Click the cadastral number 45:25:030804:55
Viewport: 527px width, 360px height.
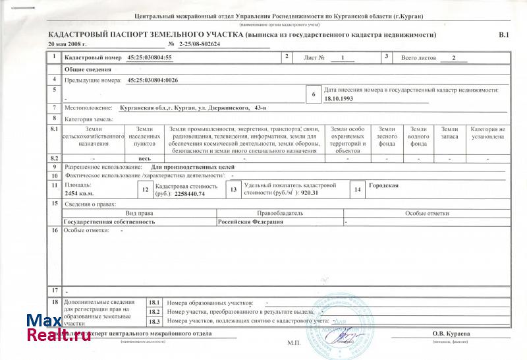pyautogui.click(x=150, y=58)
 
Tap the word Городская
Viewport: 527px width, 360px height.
pyautogui.click(x=383, y=186)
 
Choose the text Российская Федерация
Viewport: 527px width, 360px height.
pyautogui.click(x=250, y=222)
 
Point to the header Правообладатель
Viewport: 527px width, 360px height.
pyautogui.click(x=280, y=214)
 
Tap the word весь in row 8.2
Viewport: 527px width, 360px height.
pyautogui.click(x=144, y=159)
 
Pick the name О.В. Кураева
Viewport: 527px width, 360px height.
pyautogui.click(x=451, y=334)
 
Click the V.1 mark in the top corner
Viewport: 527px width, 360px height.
pyautogui.click(x=504, y=34)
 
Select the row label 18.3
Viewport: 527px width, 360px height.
pyautogui.click(x=154, y=321)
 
